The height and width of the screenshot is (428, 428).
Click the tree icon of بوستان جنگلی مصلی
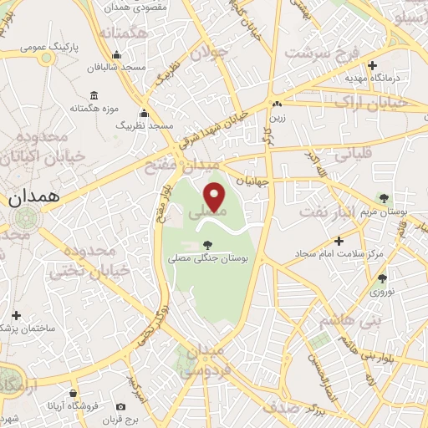[207, 244]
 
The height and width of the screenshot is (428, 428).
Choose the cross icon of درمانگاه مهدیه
[373, 64]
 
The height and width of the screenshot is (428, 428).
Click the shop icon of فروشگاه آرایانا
[74, 392]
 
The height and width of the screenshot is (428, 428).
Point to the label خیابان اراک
[369, 101]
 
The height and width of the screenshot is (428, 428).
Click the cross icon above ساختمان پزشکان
[16, 315]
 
